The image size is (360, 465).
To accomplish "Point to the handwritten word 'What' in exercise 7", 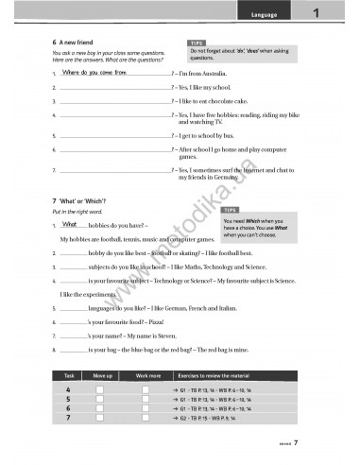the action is tap(71, 225).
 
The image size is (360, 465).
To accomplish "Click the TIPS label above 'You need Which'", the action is tap(231, 209).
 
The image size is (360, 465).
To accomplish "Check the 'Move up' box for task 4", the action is tap(98, 389).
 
